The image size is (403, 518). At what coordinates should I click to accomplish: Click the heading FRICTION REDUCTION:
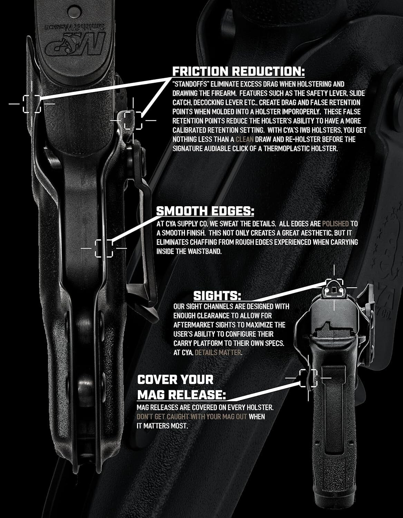pyautogui.click(x=239, y=71)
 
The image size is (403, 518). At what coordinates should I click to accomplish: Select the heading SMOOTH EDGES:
pyautogui.click(x=205, y=211)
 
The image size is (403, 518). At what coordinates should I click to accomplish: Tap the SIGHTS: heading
pyautogui.click(x=217, y=296)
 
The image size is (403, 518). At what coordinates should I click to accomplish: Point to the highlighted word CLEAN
pyautogui.click(x=245, y=139)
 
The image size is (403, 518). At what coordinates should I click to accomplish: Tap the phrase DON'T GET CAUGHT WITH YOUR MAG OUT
pyautogui.click(x=192, y=417)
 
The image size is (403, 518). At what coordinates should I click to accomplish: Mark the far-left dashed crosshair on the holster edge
pyautogui.click(x=32, y=103)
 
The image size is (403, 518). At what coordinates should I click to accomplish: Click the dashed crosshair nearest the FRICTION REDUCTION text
pyautogui.click(x=133, y=120)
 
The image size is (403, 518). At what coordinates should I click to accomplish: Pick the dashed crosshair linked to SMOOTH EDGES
pyautogui.click(x=104, y=248)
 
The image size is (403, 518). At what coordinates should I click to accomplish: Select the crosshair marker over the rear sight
pyautogui.click(x=334, y=288)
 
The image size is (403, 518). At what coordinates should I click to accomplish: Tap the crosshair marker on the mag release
pyautogui.click(x=308, y=377)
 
